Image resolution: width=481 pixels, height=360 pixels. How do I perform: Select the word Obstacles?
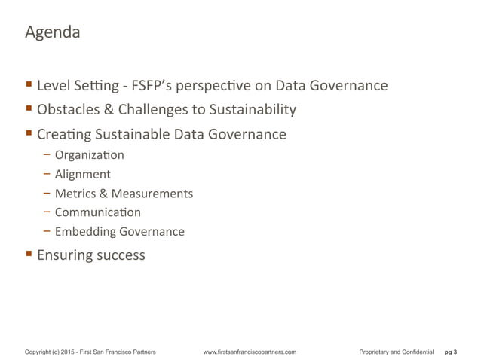pos(69,110)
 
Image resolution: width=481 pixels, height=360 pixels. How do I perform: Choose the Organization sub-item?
pos(89,156)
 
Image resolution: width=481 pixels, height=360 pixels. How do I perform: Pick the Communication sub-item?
pos(98,212)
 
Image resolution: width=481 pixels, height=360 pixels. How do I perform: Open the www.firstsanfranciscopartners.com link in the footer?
pos(250,352)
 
